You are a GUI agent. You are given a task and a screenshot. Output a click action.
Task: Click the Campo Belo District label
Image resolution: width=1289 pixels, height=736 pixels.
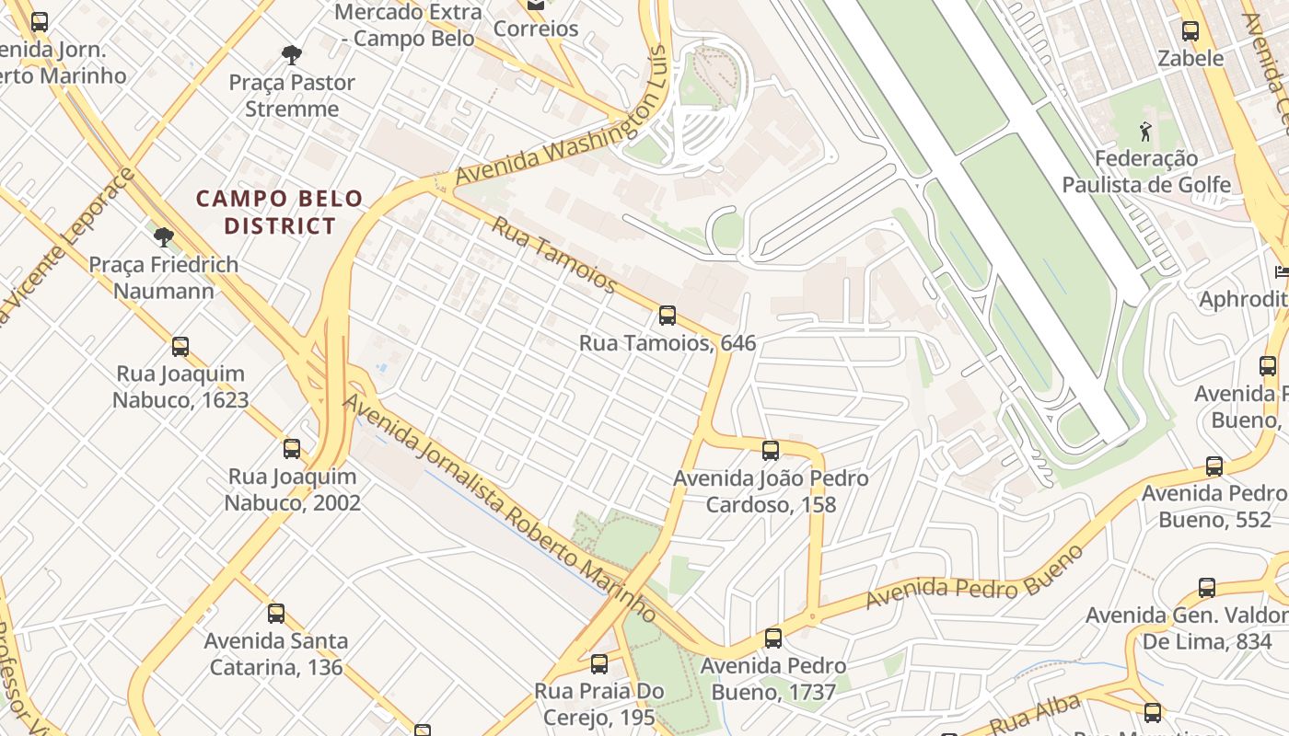(x=280, y=212)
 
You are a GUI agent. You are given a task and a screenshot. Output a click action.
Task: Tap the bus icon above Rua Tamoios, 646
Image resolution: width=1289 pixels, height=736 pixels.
(x=668, y=316)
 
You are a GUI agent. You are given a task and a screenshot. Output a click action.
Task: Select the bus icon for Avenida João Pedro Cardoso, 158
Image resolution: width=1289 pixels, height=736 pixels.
(x=771, y=451)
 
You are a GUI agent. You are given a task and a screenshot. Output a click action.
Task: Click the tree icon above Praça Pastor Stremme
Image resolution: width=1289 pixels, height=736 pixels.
(x=292, y=55)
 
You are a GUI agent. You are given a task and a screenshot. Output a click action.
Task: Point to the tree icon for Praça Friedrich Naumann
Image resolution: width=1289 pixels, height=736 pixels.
(x=164, y=237)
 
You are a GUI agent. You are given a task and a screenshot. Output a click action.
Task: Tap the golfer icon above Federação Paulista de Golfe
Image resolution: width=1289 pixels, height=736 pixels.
(x=1145, y=132)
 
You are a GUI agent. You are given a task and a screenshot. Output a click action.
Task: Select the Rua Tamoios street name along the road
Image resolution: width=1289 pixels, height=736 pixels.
(x=553, y=255)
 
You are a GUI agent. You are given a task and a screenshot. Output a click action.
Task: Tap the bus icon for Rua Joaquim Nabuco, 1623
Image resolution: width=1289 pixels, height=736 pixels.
(x=180, y=347)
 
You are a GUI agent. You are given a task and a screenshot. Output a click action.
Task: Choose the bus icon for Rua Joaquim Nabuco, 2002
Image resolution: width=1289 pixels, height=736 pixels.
(x=292, y=449)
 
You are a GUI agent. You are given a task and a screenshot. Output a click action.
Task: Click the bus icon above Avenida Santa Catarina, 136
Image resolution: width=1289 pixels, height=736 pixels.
(x=275, y=614)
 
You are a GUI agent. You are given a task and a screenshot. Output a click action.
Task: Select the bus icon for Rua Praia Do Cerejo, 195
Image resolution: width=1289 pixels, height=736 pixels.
(x=599, y=663)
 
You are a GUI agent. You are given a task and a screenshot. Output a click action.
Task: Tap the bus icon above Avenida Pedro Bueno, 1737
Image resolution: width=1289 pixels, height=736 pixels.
(x=773, y=638)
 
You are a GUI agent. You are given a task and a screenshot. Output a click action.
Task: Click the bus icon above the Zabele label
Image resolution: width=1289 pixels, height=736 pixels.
(x=1190, y=31)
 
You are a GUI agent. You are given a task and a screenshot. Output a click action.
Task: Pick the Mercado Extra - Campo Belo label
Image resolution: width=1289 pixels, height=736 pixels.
(x=407, y=25)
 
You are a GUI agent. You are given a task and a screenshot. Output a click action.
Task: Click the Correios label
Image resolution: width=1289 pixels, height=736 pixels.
(x=536, y=29)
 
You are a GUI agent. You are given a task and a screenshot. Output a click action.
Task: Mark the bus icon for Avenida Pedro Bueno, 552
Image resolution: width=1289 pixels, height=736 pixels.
(x=1214, y=466)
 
